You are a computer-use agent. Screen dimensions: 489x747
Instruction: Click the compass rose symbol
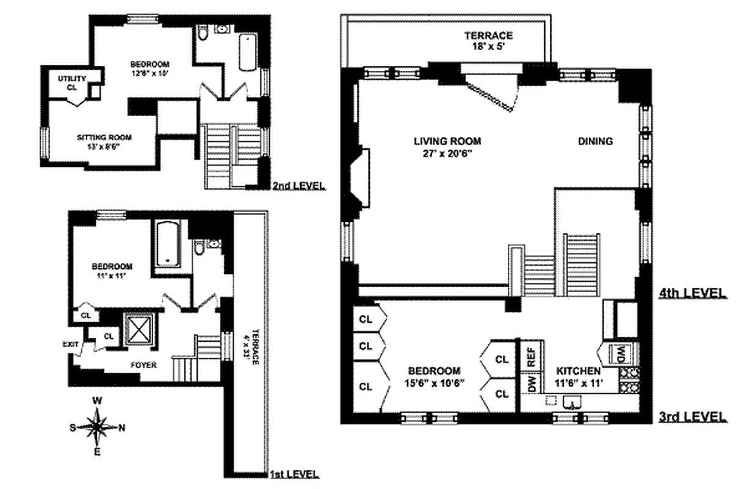pyautogui.click(x=97, y=427)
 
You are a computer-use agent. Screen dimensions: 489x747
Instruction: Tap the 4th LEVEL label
pyautogui.click(x=693, y=293)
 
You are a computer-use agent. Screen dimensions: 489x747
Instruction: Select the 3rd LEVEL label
pyautogui.click(x=693, y=417)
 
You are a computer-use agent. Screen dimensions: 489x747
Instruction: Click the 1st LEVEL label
pyautogui.click(x=294, y=474)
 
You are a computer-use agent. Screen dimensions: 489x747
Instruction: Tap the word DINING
pyautogui.click(x=595, y=141)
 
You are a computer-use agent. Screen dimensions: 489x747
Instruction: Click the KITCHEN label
pyautogui.click(x=577, y=371)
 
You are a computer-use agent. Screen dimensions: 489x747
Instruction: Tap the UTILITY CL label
pyautogui.click(x=72, y=83)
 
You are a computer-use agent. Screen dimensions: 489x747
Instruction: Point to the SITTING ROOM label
pyautogui.click(x=104, y=137)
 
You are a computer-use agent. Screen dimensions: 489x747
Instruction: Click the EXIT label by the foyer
pyautogui.click(x=71, y=344)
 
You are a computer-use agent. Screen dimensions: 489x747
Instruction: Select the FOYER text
pyautogui.click(x=143, y=365)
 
